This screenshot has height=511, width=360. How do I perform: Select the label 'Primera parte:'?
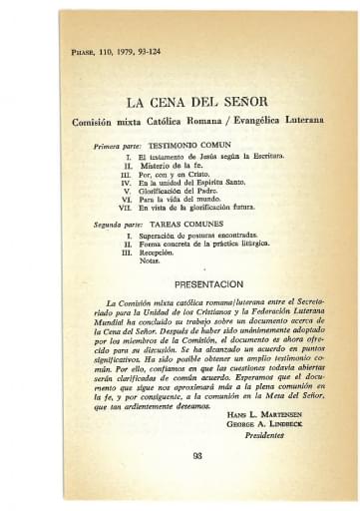[117, 147]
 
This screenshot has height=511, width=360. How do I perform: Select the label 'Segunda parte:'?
[118, 227]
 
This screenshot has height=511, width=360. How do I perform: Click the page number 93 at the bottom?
[196, 456]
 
